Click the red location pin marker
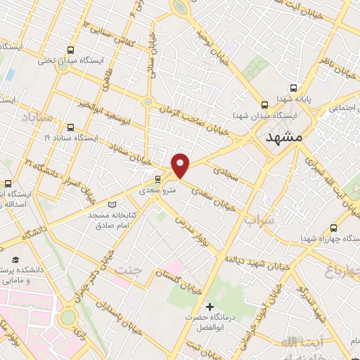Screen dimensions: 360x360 (x=181, y=165)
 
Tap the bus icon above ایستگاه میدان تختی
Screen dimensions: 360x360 (x=70, y=49)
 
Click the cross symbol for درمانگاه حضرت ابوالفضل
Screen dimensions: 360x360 (x=209, y=307)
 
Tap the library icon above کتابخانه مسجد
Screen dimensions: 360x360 (x=103, y=202)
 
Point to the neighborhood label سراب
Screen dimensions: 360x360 (x=257, y=221)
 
